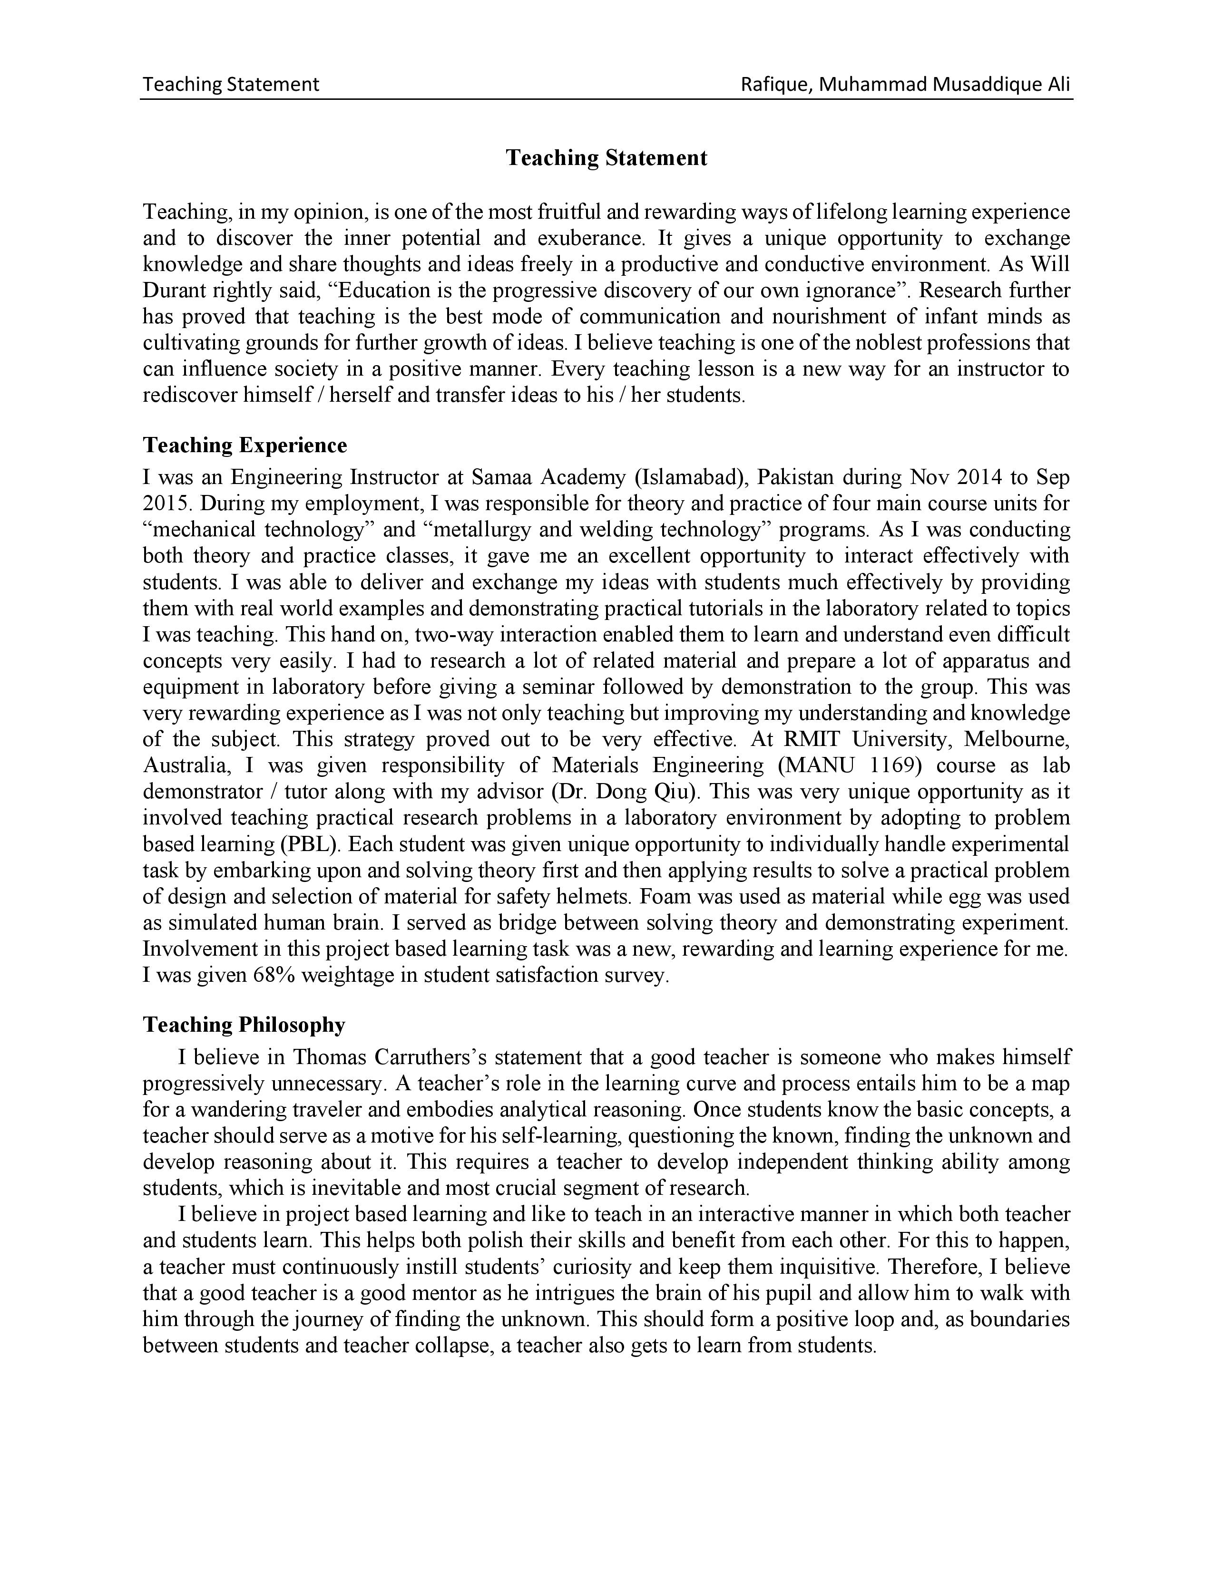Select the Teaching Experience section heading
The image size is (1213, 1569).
click(x=245, y=446)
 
